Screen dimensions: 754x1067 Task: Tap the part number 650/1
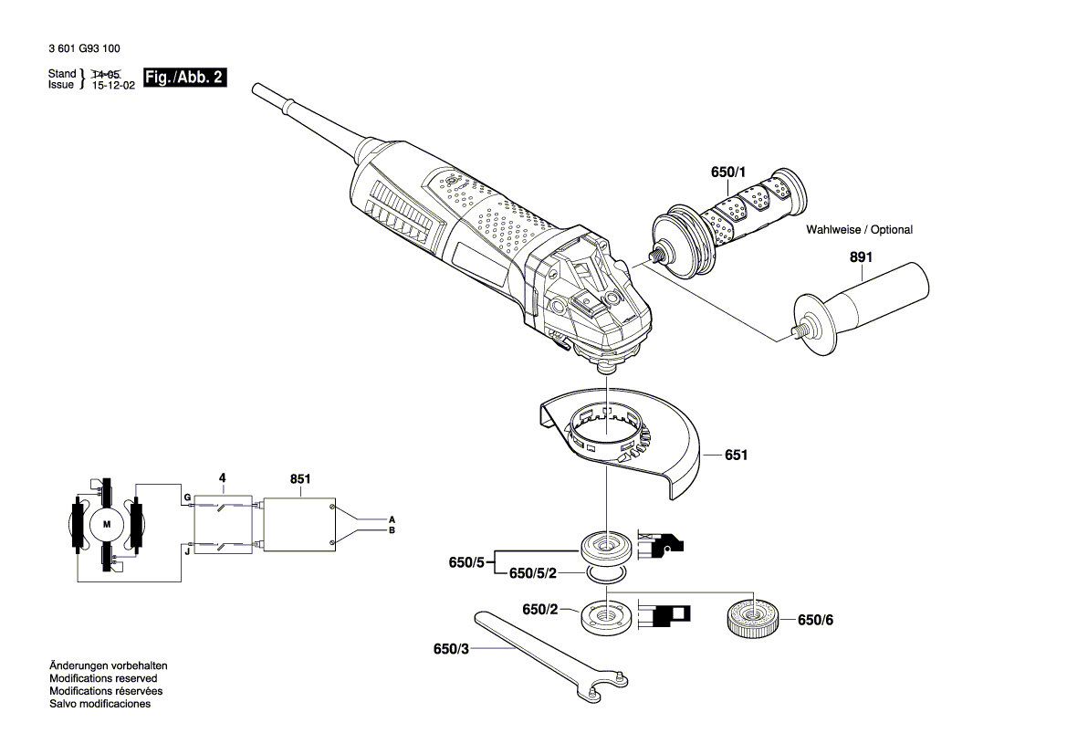[x=728, y=173]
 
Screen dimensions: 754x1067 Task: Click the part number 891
[x=861, y=258]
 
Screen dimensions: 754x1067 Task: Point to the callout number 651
[x=736, y=455]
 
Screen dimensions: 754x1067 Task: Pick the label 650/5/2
[x=533, y=573]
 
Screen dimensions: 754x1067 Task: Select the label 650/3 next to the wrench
[x=451, y=650]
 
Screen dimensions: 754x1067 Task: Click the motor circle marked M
[x=106, y=524]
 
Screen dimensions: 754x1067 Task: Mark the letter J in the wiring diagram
[x=186, y=550]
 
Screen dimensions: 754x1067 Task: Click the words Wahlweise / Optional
[x=859, y=230]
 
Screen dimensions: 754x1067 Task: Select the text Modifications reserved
[x=103, y=678]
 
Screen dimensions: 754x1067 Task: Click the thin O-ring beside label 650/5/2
[x=606, y=573]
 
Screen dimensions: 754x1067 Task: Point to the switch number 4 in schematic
[x=221, y=477]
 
